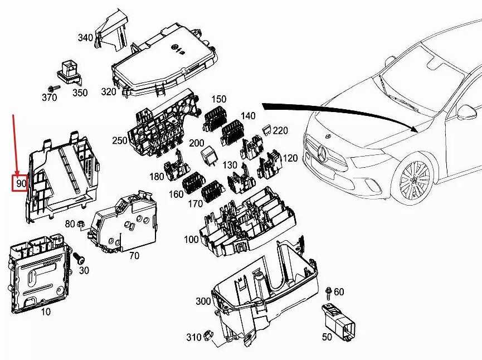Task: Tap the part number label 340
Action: pos(85,38)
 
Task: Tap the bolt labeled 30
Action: pos(79,258)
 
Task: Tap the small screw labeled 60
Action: pos(328,291)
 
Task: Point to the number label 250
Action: pos(120,140)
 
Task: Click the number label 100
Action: pos(191,240)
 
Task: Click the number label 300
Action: pos(203,301)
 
